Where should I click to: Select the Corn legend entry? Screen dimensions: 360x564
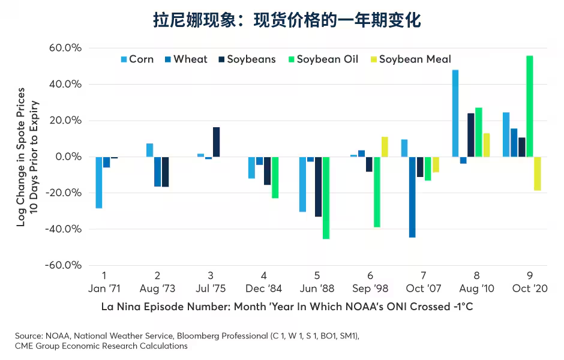[137, 59]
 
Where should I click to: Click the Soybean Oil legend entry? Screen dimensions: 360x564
[323, 59]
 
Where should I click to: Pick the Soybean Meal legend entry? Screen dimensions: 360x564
[410, 59]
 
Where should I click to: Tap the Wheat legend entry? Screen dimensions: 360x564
[185, 59]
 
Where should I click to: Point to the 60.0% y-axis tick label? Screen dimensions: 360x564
[65, 48]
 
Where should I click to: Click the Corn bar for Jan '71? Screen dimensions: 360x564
[99, 182]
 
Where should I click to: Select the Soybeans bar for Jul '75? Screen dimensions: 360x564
[216, 142]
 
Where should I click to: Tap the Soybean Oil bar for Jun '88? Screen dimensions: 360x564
[326, 198]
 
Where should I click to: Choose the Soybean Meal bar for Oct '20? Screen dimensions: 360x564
[537, 173]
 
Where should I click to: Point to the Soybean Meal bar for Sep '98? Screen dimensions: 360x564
[385, 147]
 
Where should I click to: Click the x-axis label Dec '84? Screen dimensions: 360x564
[264, 289]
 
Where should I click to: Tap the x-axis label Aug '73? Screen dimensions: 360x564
[157, 289]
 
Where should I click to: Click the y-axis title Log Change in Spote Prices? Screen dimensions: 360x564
[21, 157]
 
